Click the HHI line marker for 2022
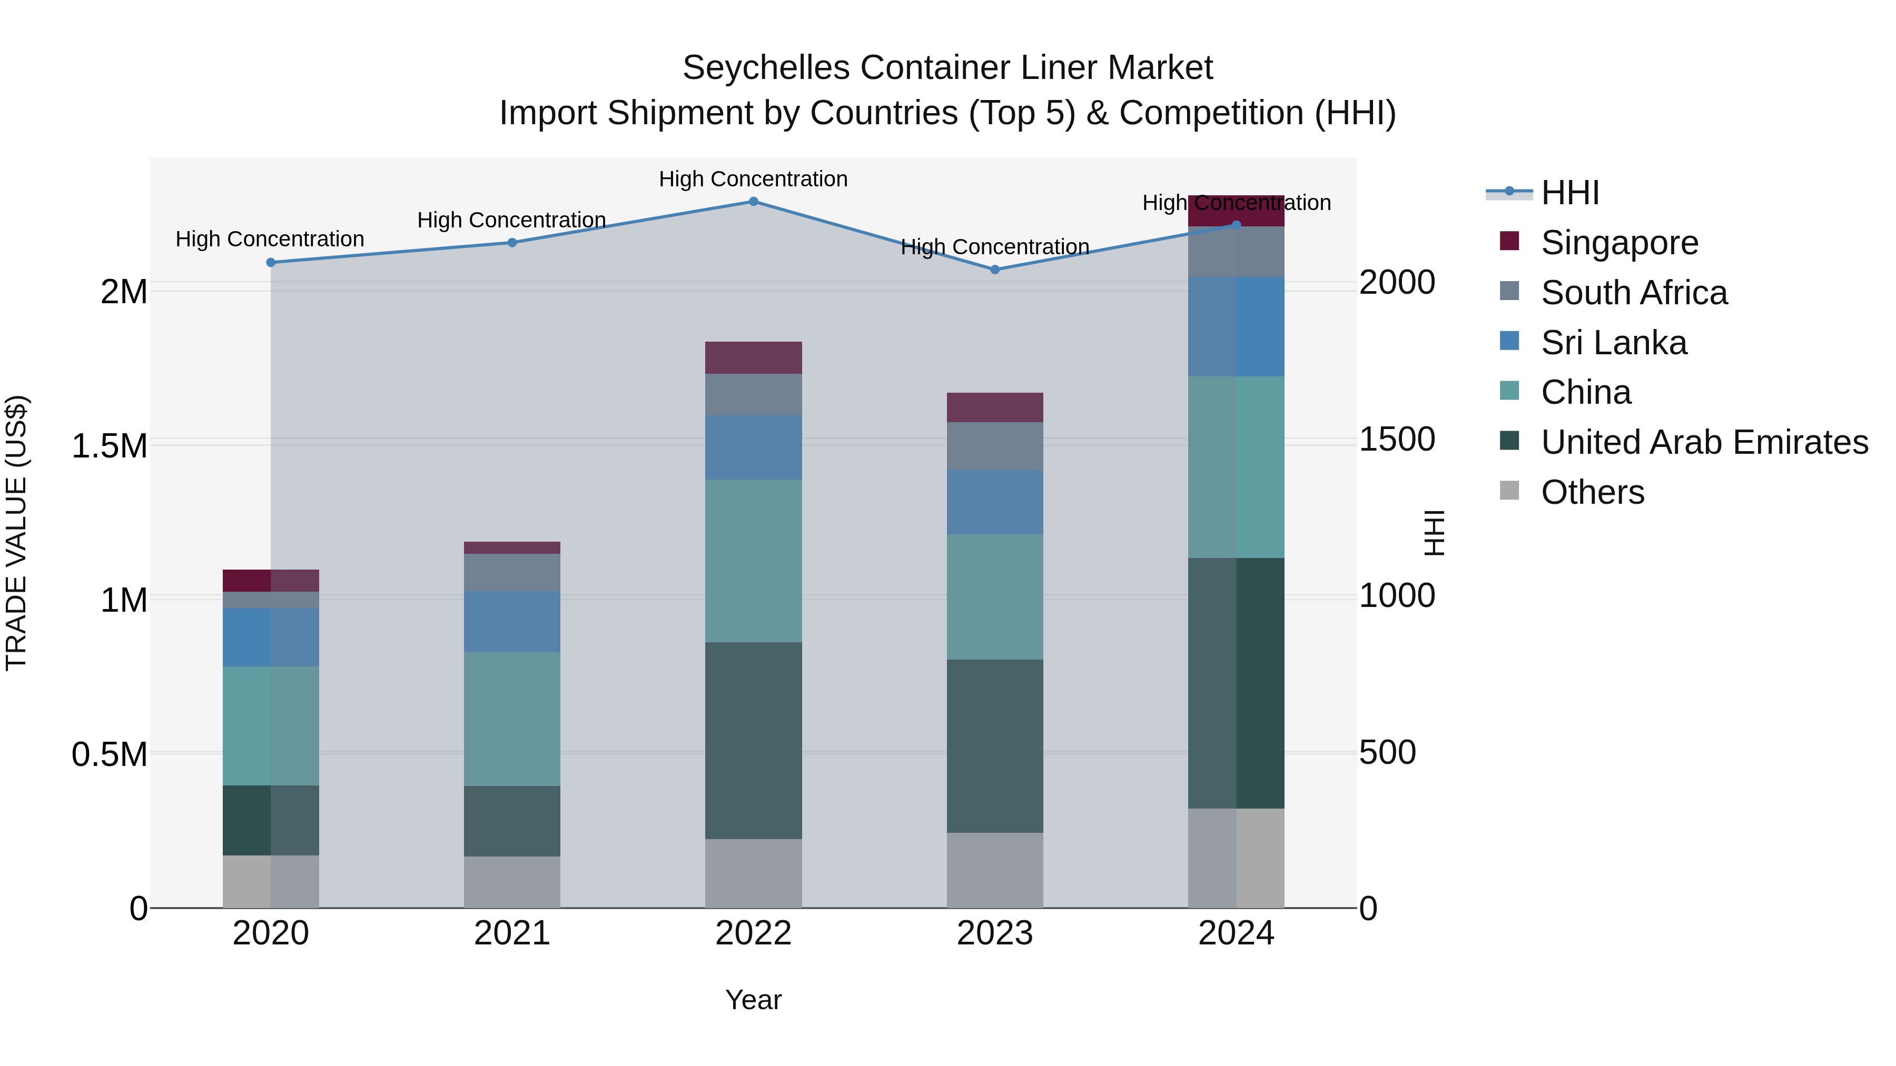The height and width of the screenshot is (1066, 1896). (x=753, y=201)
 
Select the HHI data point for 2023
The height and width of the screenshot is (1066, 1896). (x=994, y=269)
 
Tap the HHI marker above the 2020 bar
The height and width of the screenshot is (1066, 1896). (x=270, y=262)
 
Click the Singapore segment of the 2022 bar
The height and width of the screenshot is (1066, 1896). (x=753, y=357)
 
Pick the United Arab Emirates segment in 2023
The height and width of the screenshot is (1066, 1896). (x=994, y=745)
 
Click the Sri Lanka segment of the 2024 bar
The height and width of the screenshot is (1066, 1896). (x=1236, y=326)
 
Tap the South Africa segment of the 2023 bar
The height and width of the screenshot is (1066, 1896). (x=994, y=446)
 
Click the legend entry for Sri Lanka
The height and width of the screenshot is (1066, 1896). (x=1613, y=343)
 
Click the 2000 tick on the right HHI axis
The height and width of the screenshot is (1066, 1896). (x=1396, y=283)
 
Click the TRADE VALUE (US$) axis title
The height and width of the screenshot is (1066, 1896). (x=16, y=533)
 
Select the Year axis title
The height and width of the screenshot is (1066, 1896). (x=753, y=1000)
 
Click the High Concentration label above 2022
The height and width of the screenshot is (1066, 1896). (x=753, y=179)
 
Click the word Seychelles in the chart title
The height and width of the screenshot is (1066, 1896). (x=765, y=68)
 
